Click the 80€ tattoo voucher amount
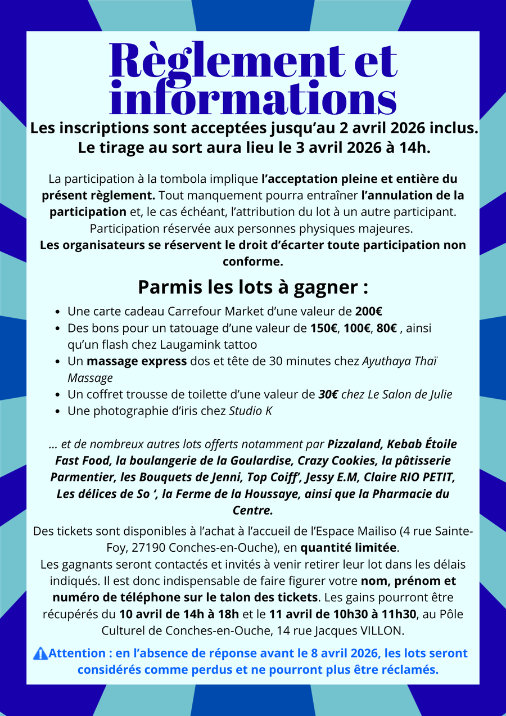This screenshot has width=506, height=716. pyautogui.click(x=387, y=328)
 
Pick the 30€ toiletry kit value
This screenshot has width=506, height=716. pyautogui.click(x=328, y=394)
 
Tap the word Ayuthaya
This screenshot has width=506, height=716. pyautogui.click(x=387, y=361)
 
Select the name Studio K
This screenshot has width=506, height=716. pyautogui.click(x=251, y=411)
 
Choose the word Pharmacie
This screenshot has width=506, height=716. pyautogui.click(x=410, y=494)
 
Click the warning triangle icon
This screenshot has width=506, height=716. pyautogui.click(x=40, y=654)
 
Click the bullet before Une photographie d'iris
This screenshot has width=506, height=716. pyautogui.click(x=59, y=411)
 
